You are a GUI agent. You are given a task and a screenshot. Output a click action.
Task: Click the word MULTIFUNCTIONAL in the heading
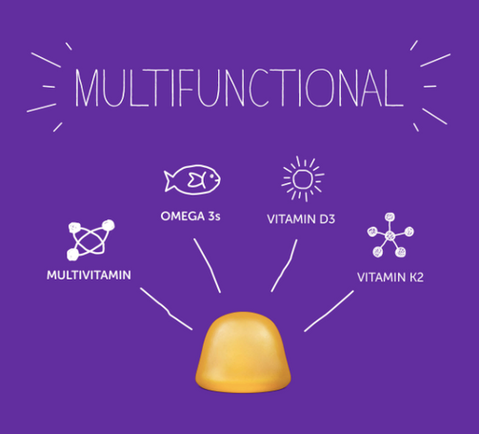point(239,88)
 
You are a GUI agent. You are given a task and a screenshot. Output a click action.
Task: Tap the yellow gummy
point(243,352)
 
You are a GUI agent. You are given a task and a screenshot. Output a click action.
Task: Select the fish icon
point(192,179)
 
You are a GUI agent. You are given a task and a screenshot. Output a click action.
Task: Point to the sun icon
point(303,178)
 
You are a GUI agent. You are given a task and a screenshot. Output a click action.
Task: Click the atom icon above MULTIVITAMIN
point(90,239)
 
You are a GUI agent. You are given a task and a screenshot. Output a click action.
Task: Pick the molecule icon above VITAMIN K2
point(390,236)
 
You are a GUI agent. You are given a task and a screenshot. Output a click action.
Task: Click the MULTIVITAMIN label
point(89,276)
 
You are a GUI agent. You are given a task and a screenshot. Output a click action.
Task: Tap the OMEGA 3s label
point(190,217)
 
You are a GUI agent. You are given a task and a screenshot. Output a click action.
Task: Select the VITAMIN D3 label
point(301,219)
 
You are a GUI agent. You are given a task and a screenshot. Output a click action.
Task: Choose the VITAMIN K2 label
point(390,278)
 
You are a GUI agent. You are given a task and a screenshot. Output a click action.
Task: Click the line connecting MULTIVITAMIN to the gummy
point(167,309)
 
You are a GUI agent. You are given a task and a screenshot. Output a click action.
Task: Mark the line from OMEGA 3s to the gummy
point(208,265)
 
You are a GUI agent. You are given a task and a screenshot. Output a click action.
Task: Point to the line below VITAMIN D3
point(286,265)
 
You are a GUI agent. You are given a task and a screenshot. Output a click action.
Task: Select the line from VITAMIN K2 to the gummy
point(329,311)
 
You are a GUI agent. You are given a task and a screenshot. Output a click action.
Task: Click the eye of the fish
point(210,176)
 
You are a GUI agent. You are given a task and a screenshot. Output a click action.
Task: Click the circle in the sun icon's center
point(302,178)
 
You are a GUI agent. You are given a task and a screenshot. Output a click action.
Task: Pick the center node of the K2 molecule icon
point(390,236)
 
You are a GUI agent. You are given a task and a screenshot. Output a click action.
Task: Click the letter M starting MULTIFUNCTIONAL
point(87,88)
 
